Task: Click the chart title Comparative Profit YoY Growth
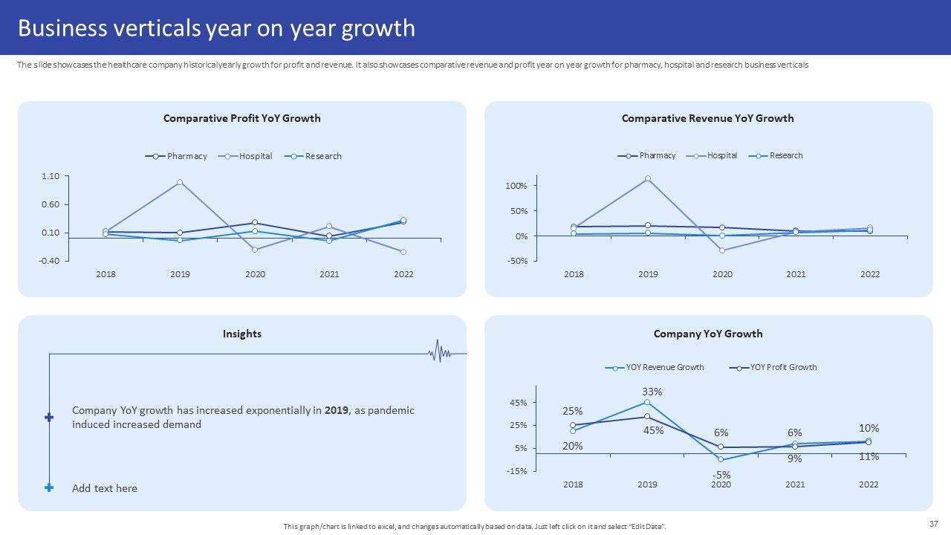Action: [x=241, y=118]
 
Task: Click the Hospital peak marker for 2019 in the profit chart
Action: [x=181, y=182]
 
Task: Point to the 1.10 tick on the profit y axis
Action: [x=51, y=176]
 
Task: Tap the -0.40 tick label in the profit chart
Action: [x=50, y=261]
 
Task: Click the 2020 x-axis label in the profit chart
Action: [x=255, y=274]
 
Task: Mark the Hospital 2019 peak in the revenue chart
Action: [x=648, y=179]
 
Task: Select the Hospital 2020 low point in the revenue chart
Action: [x=721, y=250]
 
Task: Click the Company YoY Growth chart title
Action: [x=707, y=334]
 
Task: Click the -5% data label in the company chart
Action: [x=721, y=475]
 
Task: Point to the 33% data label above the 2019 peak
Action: [x=652, y=392]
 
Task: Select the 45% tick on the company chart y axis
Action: [x=518, y=403]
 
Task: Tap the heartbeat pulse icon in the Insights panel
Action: [x=440, y=352]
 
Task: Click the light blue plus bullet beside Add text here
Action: [x=49, y=488]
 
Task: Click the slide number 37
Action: [x=934, y=523]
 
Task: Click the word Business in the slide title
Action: [x=62, y=28]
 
